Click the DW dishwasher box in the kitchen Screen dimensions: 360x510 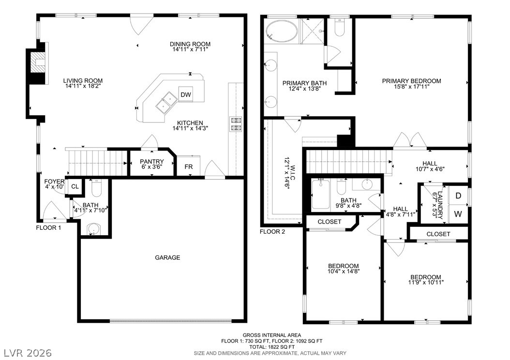186,95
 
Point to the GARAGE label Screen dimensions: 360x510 167,257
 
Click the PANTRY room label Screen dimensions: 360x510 151,162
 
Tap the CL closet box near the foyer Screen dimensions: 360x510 75,187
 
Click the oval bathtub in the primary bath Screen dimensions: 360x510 282,31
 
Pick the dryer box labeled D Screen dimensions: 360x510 458,195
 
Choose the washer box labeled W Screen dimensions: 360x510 458,213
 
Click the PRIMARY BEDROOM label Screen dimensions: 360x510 411,81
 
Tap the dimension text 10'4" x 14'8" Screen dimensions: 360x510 343,271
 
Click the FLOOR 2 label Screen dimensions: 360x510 272,232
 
